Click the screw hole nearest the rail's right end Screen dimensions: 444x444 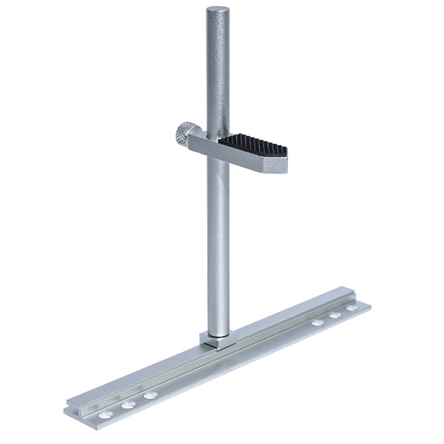(x=352, y=307)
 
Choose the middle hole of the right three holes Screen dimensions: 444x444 (x=335, y=315)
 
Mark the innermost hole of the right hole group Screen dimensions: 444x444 (x=318, y=322)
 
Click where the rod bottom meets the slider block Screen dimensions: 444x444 (x=218, y=336)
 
